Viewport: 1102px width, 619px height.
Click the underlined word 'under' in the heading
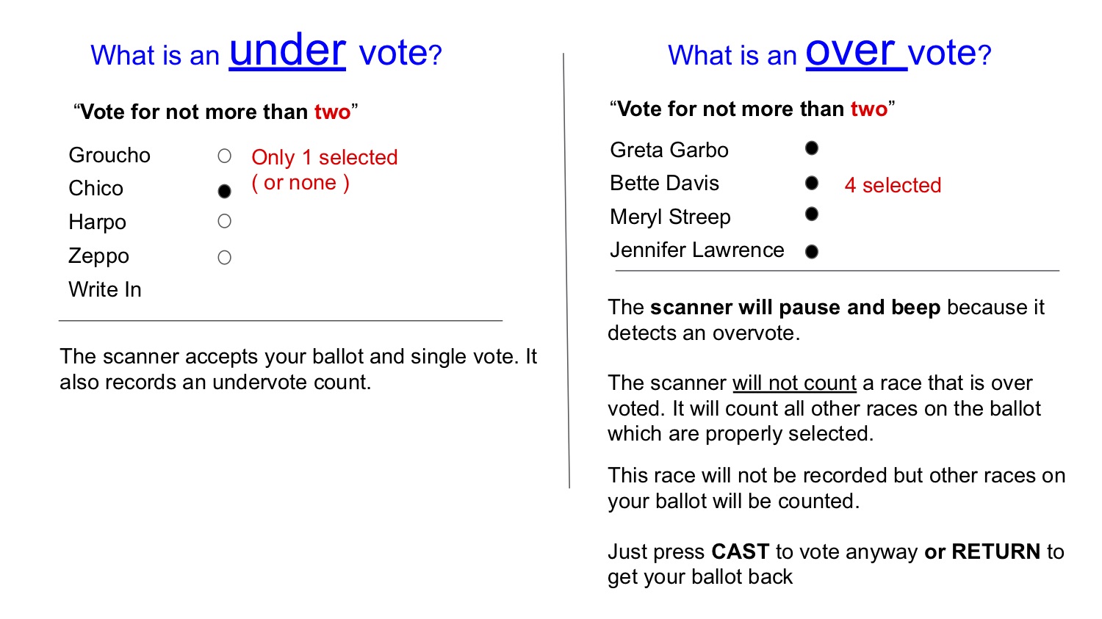[x=287, y=51]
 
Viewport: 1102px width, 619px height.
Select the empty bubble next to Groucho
[x=224, y=156]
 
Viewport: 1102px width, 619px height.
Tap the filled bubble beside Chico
[x=224, y=191]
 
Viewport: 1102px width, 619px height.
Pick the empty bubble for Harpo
[x=224, y=221]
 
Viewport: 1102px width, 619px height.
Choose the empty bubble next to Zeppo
[x=224, y=257]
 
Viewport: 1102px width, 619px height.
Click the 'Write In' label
[x=105, y=289]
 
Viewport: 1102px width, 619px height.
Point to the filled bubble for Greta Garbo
[x=812, y=148]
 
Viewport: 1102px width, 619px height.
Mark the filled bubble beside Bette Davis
[x=812, y=183]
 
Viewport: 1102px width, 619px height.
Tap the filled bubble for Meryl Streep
[x=812, y=214]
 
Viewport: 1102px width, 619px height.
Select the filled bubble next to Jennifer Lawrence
[x=812, y=252]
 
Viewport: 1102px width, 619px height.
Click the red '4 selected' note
[x=893, y=185]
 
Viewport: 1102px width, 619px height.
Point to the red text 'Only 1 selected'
[x=324, y=158]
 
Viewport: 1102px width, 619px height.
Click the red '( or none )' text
[x=300, y=183]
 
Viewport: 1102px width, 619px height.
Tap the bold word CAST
[x=741, y=551]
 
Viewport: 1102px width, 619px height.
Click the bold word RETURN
[x=995, y=551]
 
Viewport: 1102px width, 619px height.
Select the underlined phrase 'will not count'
[x=794, y=383]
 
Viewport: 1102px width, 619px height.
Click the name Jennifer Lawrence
[x=696, y=250]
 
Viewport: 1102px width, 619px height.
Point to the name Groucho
[x=109, y=156]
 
